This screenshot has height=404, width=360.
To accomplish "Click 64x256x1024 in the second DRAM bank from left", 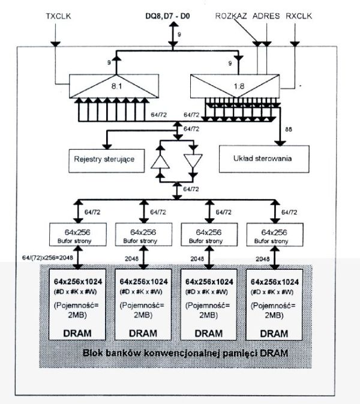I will [x=144, y=281].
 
